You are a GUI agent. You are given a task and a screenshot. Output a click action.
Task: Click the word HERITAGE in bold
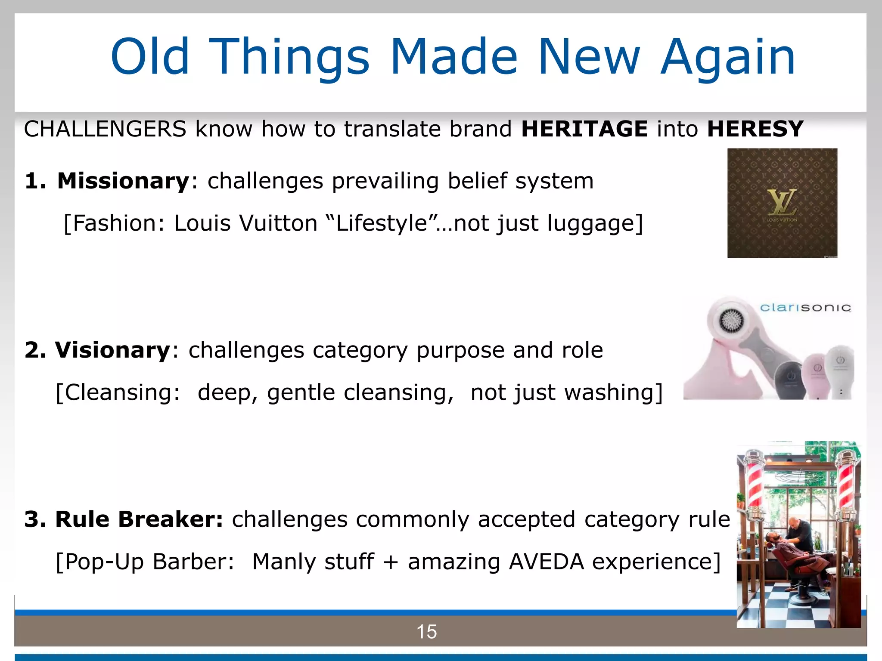[584, 129]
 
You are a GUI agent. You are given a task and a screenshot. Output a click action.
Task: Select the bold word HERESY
[755, 129]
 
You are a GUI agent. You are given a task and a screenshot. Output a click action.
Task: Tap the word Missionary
[123, 181]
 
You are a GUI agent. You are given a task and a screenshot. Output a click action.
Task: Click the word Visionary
[113, 350]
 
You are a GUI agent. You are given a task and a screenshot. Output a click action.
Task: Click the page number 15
[426, 632]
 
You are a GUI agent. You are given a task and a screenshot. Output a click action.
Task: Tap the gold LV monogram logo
[782, 202]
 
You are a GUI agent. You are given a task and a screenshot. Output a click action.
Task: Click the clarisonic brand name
[805, 307]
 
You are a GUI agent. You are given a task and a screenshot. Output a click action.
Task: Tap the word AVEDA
[546, 562]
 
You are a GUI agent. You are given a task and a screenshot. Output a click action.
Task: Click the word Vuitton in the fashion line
[278, 223]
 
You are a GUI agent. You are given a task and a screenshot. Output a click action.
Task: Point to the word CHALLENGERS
[105, 129]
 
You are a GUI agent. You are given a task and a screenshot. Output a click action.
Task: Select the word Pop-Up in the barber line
[104, 562]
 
